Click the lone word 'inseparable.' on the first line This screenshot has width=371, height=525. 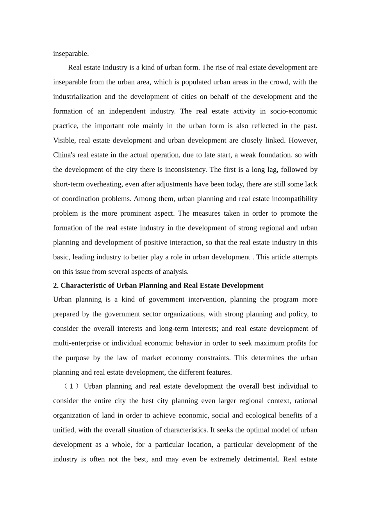pyautogui.click(x=71, y=54)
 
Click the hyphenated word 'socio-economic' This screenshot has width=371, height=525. pyautogui.click(x=293, y=111)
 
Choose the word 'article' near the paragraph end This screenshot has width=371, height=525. pyautogui.click(x=286, y=257)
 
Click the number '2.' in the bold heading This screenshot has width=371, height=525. pyautogui.click(x=56, y=286)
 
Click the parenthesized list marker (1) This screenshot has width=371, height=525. pyautogui.click(x=71, y=386)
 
